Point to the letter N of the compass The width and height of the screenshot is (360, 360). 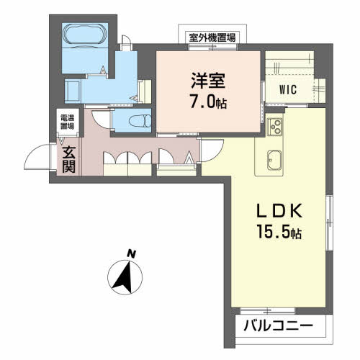pyautogui.click(x=131, y=253)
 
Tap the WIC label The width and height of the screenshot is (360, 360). pyautogui.click(x=290, y=90)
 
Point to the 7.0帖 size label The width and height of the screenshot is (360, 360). pyautogui.click(x=208, y=102)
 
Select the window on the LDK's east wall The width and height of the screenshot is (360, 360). pyautogui.click(x=328, y=217)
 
